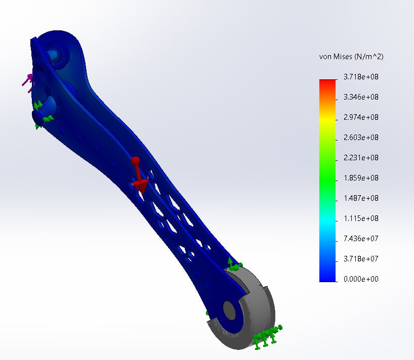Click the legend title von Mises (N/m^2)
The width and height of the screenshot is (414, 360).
pyautogui.click(x=351, y=57)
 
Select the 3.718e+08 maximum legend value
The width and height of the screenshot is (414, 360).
pyautogui.click(x=361, y=77)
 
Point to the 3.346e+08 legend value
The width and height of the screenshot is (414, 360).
pyautogui.click(x=361, y=97)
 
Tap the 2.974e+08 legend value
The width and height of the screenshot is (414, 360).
pyautogui.click(x=361, y=117)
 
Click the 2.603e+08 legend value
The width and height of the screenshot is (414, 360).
pyautogui.click(x=361, y=138)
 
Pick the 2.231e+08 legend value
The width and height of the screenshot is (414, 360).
pyautogui.click(x=361, y=158)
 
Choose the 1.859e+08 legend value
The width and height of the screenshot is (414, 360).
pyautogui.click(x=361, y=178)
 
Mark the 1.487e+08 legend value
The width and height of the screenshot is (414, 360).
pyautogui.click(x=361, y=198)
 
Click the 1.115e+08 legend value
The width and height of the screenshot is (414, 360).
pyautogui.click(x=361, y=218)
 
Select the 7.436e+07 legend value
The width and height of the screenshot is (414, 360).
pyautogui.click(x=361, y=239)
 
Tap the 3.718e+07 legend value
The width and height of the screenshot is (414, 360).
pyautogui.click(x=361, y=259)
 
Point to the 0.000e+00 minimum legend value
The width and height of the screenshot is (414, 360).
pyautogui.click(x=361, y=279)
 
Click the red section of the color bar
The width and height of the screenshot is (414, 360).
pyautogui.click(x=327, y=84)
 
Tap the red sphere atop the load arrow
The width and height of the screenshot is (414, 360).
pyautogui.click(x=135, y=161)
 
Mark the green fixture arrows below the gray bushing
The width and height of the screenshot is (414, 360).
pyautogui.click(x=266, y=336)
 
